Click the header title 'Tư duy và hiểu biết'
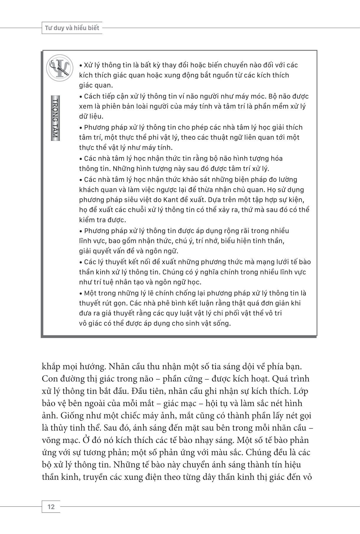72,28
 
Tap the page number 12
51,507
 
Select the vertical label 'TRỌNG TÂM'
55,118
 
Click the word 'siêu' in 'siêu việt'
144,200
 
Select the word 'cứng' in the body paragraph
191,379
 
